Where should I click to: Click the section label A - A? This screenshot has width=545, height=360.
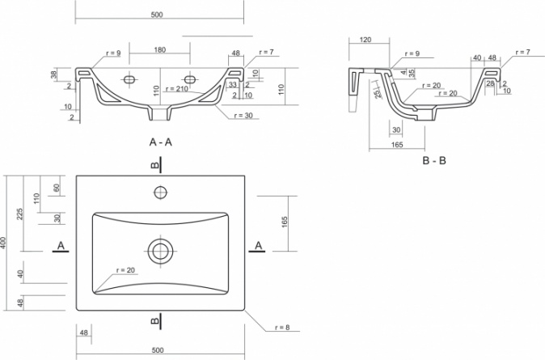click(160, 142)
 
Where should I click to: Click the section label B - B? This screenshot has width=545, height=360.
click(434, 160)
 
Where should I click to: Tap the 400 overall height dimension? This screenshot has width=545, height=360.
click(3, 243)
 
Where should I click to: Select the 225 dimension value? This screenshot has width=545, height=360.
click(20, 214)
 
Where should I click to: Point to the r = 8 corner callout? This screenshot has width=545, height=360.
click(282, 328)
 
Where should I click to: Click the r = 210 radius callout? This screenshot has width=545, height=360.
click(177, 89)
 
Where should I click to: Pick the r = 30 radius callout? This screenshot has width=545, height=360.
click(243, 115)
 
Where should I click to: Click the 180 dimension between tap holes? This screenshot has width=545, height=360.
click(159, 49)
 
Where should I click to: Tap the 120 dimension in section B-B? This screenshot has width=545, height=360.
click(365, 40)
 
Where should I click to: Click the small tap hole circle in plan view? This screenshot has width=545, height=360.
click(160, 193)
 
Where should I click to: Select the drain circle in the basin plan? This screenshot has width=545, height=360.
click(160, 251)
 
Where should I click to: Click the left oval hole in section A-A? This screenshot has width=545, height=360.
click(129, 79)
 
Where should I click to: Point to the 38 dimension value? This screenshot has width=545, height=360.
click(54, 74)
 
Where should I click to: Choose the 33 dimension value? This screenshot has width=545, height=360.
click(232, 84)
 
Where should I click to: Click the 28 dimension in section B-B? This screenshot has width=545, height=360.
click(490, 83)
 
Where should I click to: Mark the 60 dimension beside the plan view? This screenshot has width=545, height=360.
click(57, 188)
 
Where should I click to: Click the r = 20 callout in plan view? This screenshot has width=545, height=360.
click(125, 270)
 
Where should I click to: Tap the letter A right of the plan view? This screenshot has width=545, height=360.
click(258, 246)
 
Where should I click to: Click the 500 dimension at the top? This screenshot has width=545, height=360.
click(157, 15)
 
